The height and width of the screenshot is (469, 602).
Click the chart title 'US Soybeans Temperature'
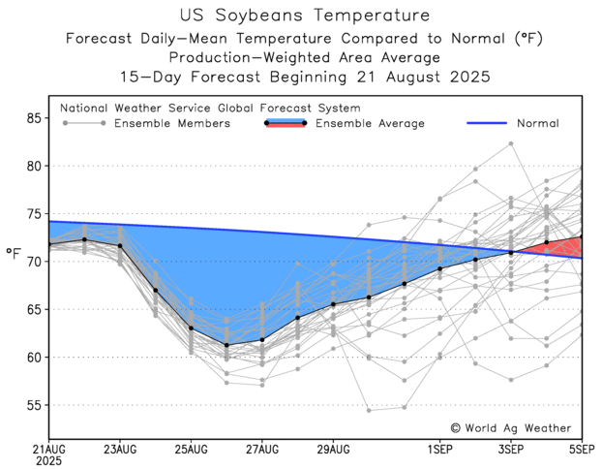[300, 16]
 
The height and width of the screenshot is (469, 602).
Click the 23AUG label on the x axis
[119, 451]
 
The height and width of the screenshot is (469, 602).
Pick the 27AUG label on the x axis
[261, 451]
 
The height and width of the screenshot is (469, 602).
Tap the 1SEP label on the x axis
[440, 451]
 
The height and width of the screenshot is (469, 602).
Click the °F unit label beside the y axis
[14, 254]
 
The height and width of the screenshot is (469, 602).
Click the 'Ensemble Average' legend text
[369, 124]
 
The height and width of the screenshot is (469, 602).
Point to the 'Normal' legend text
[537, 124]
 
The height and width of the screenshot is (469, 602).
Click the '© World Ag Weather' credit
[510, 427]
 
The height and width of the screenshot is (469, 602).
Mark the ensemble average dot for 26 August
[226, 345]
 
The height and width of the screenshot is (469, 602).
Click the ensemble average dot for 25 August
[191, 328]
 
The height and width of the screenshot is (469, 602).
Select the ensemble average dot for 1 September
[440, 268]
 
